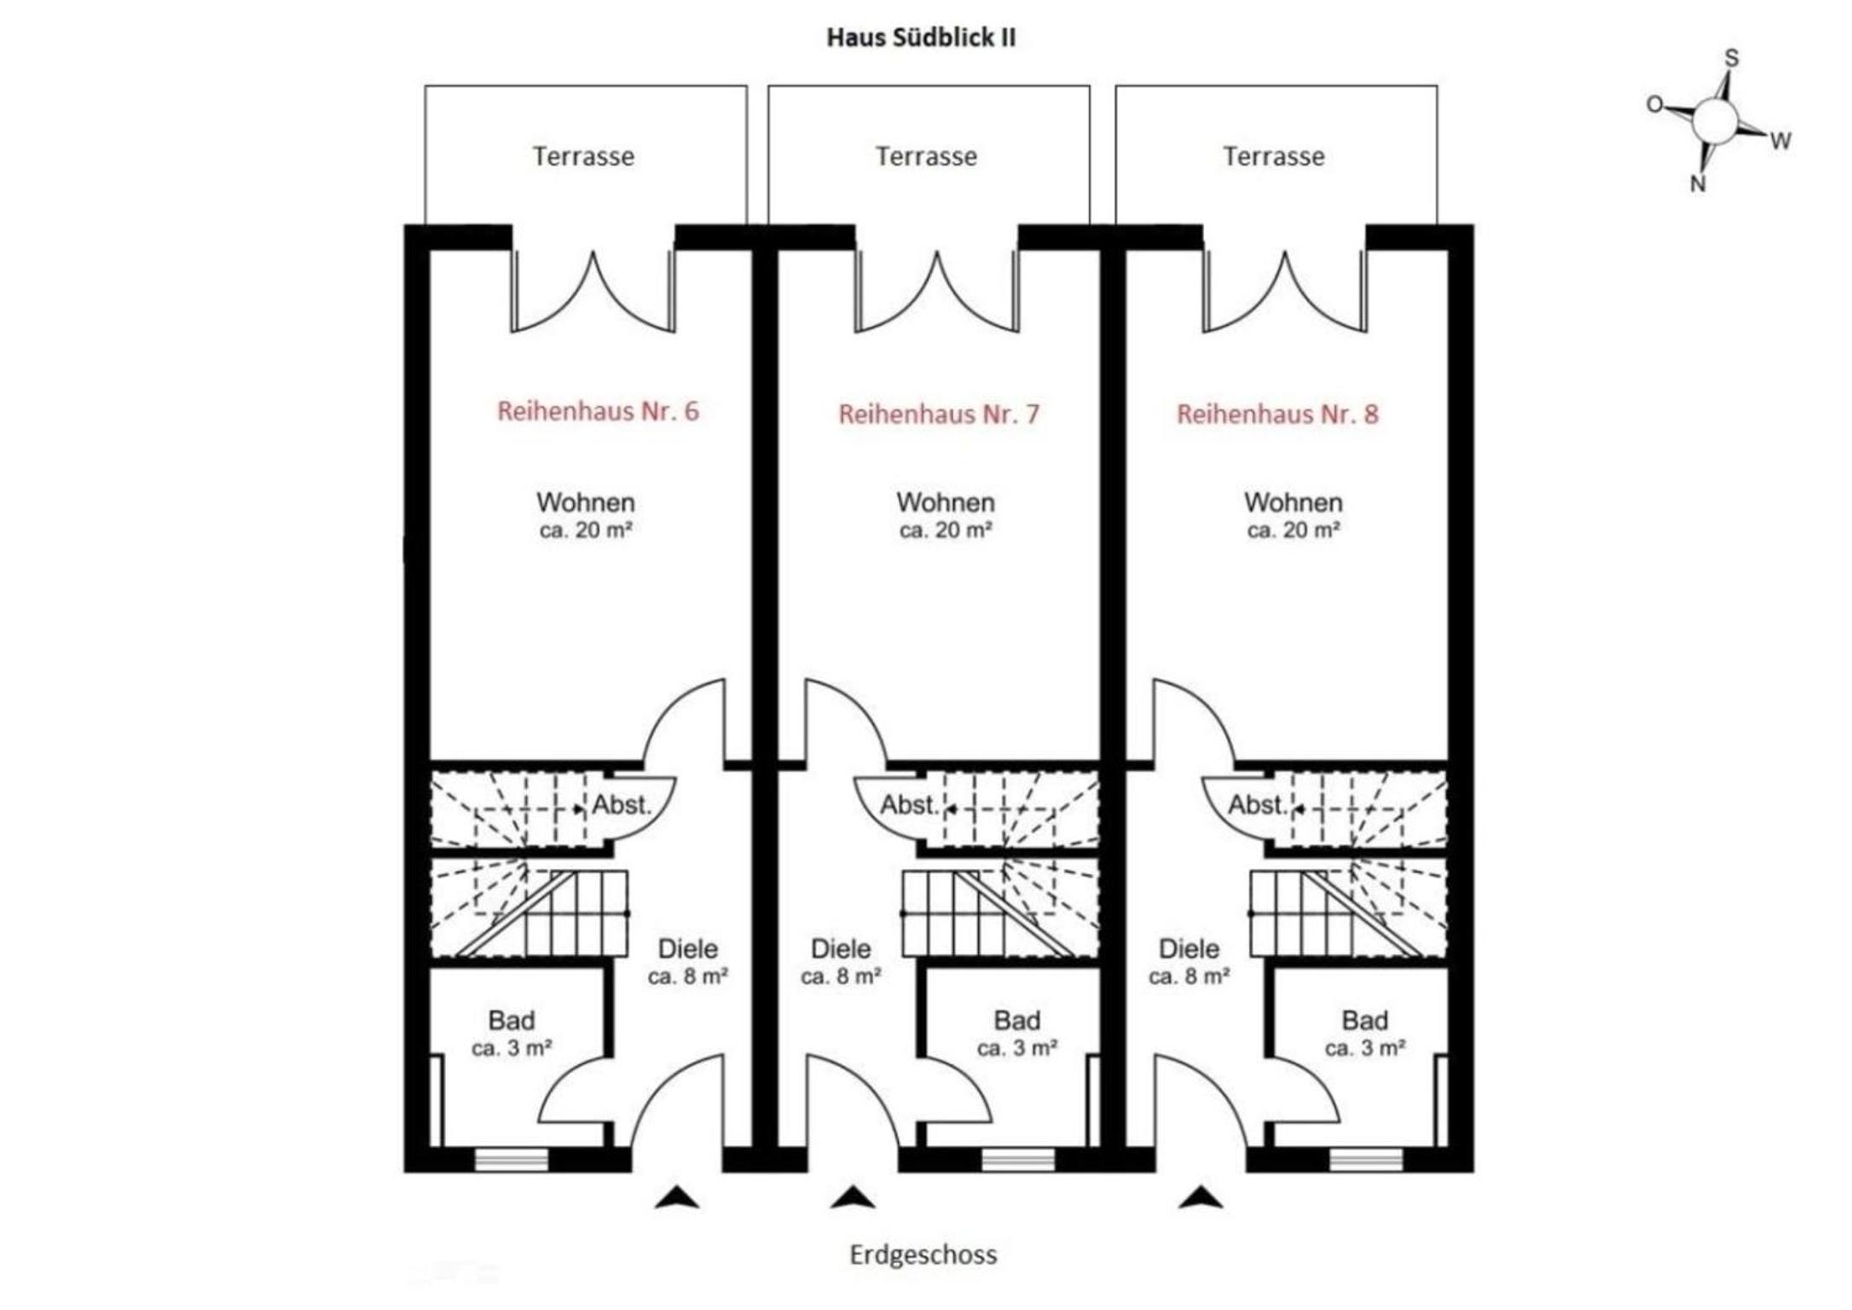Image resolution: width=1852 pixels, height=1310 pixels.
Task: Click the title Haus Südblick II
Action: pos(921,38)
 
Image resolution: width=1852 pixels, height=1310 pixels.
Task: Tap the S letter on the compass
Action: pos(1731,58)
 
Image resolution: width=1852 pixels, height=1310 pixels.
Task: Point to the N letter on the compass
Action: pos(1698,183)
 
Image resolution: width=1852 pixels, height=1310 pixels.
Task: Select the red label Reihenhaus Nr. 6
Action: pos(598,411)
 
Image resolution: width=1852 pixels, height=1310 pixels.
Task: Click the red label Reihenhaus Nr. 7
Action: pos(939,414)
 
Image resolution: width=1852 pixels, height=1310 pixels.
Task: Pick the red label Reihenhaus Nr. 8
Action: pos(1277,414)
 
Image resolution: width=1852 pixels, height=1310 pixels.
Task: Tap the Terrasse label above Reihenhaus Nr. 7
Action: pos(926,156)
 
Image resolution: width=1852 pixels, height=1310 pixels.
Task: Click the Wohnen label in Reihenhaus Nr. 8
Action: pos(1293,502)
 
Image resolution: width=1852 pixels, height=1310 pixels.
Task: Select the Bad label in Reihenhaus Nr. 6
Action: pos(512,1020)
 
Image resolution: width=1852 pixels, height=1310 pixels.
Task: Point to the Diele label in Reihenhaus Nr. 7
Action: pos(841,948)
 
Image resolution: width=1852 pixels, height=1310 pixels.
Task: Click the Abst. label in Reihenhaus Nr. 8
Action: pos(1257,804)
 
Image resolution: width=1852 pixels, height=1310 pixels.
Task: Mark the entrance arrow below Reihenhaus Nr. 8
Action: pos(1201,1197)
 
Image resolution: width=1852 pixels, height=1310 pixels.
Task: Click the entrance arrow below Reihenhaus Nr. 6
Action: pos(677,1197)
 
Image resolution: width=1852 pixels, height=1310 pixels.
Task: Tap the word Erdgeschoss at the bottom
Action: pos(923,1255)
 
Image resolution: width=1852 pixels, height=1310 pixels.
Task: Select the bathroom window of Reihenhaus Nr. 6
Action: pos(511,1159)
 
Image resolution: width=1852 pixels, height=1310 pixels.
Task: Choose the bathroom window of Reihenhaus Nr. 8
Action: pos(1365,1159)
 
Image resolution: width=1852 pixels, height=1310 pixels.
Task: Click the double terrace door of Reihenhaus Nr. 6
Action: pos(593,290)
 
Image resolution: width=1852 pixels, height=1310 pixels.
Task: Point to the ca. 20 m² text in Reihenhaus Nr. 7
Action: pos(945,530)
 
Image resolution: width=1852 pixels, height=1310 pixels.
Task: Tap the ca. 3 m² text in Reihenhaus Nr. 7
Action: pos(1017,1047)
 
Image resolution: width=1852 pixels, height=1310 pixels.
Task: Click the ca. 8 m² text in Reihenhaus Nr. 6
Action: pos(687,977)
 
